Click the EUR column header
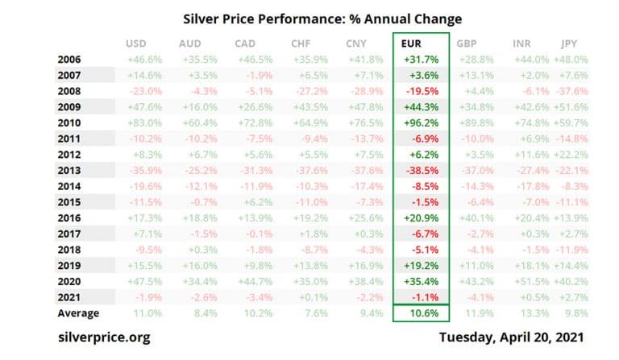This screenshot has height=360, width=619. click(x=412, y=43)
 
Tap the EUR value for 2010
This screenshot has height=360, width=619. click(x=422, y=122)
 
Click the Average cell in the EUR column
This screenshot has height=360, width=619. click(x=422, y=312)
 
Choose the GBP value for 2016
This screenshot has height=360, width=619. click(x=473, y=218)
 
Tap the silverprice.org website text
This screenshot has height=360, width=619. click(x=105, y=337)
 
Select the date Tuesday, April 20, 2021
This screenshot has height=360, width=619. click(x=512, y=337)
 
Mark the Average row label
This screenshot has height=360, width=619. click(x=78, y=312)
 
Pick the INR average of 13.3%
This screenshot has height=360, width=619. click(x=529, y=312)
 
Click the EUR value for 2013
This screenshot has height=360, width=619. click(x=422, y=171)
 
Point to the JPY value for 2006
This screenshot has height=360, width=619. click(x=572, y=59)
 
